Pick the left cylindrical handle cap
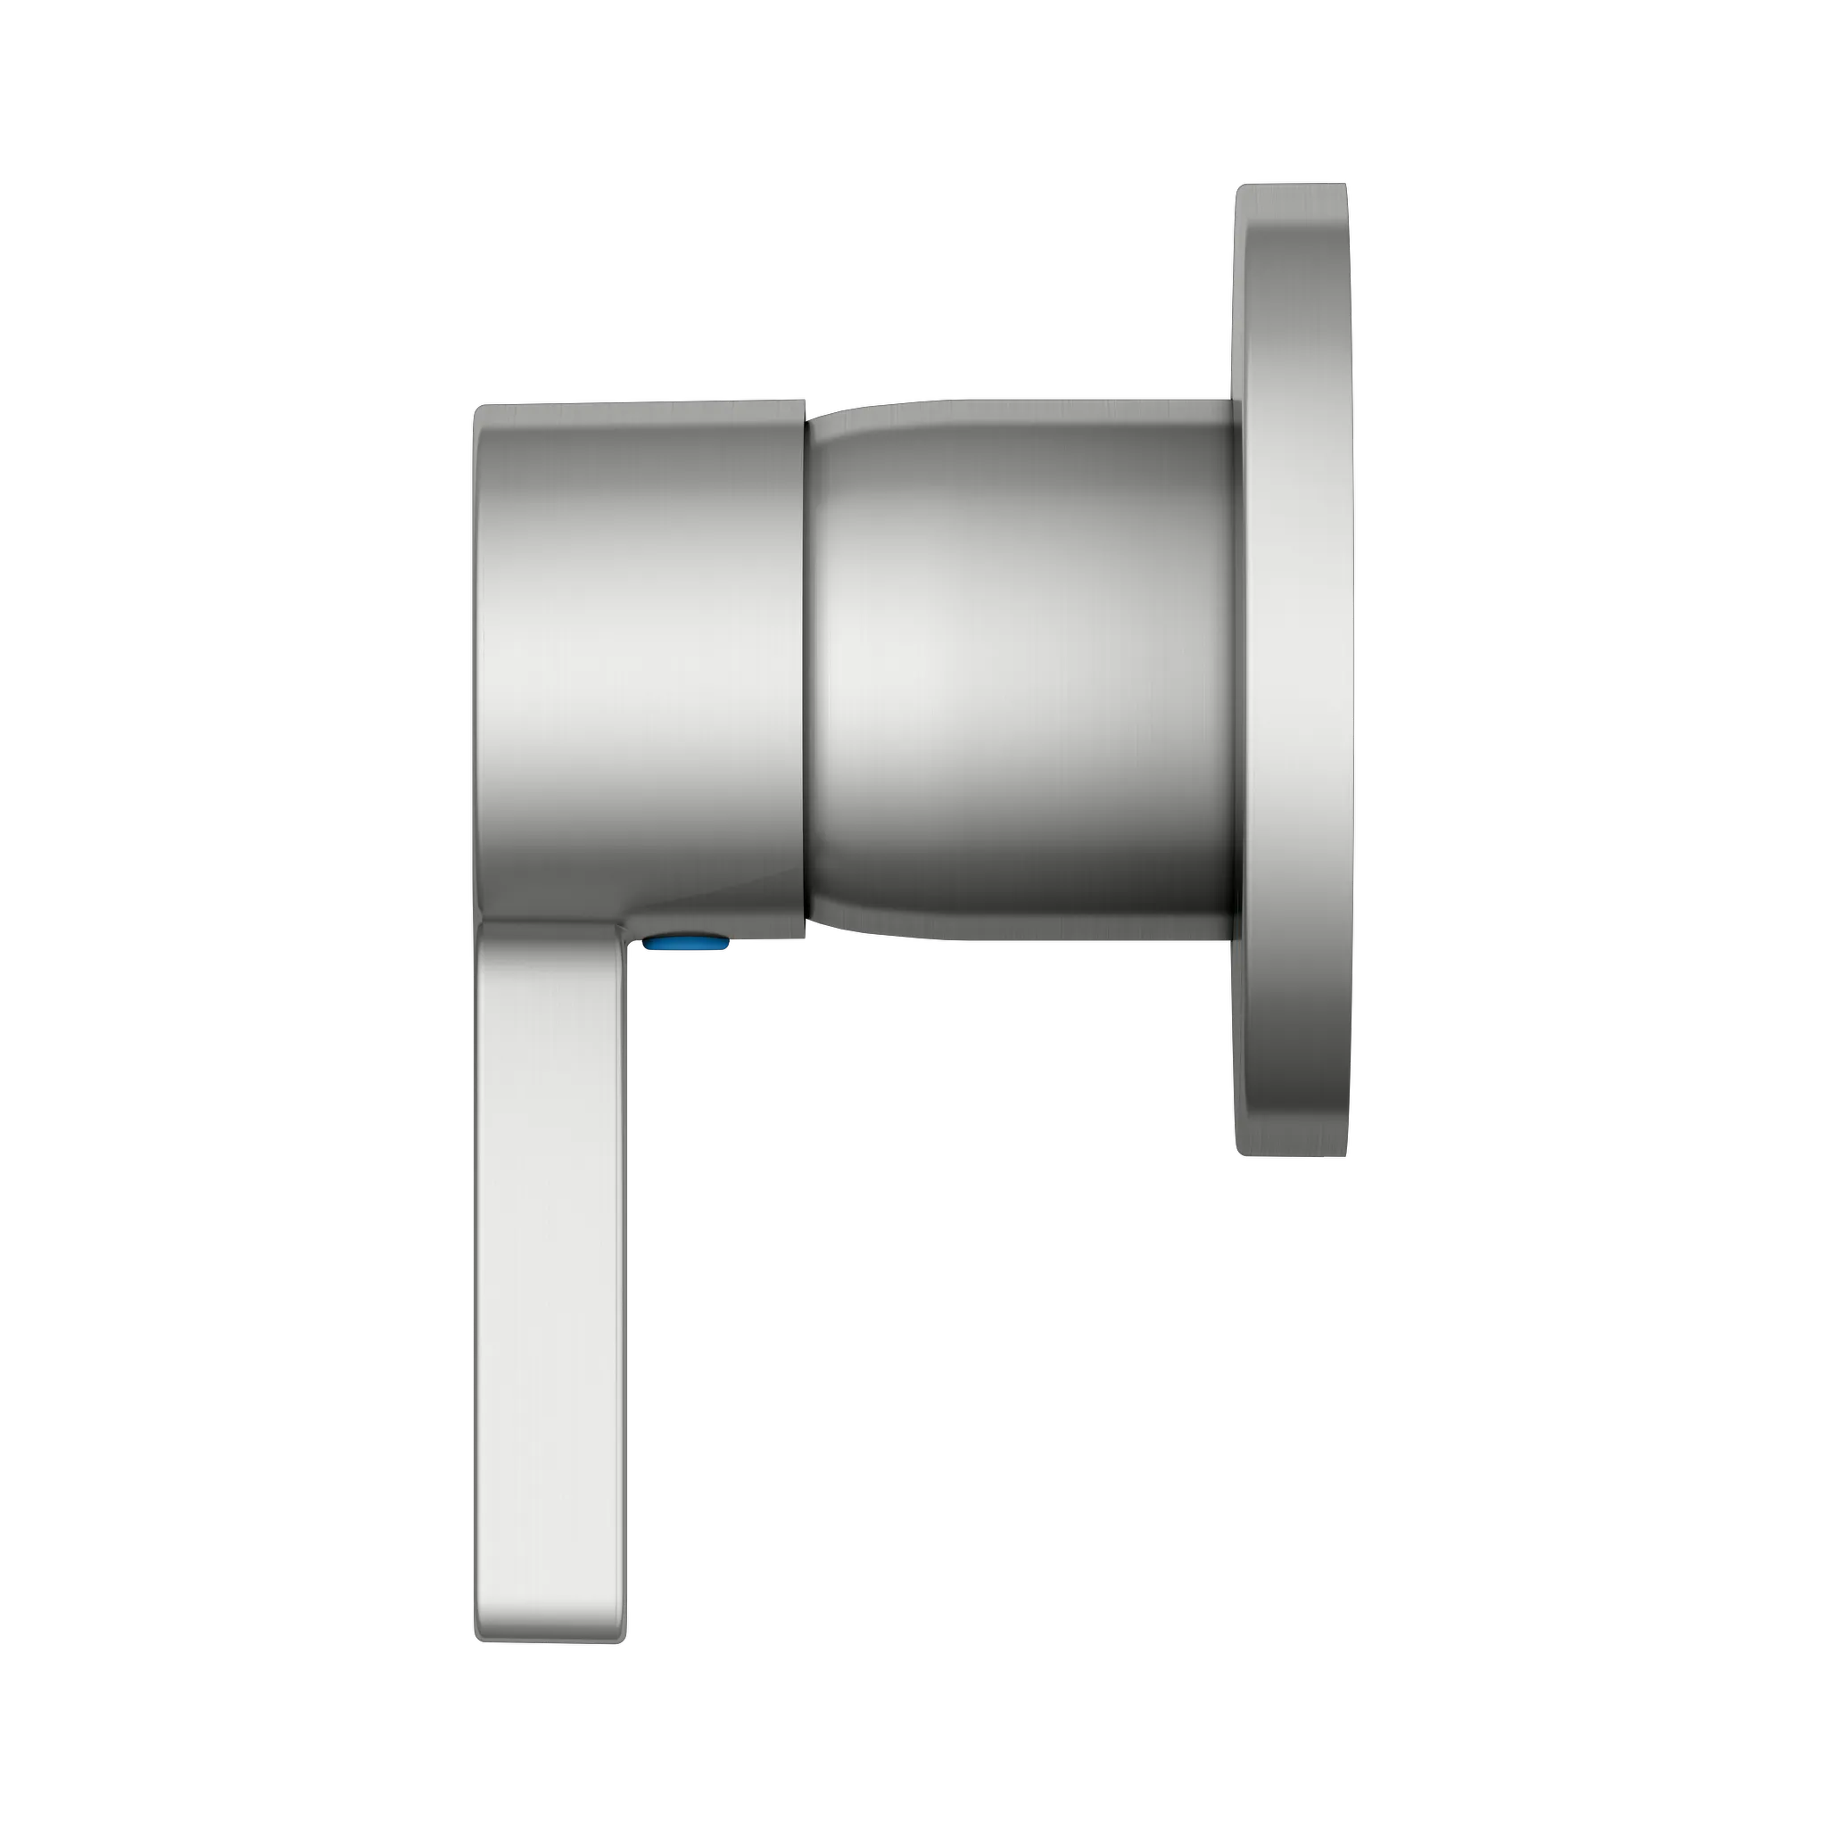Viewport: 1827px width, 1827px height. pos(639,662)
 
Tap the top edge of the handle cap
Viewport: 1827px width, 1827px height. pos(639,404)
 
